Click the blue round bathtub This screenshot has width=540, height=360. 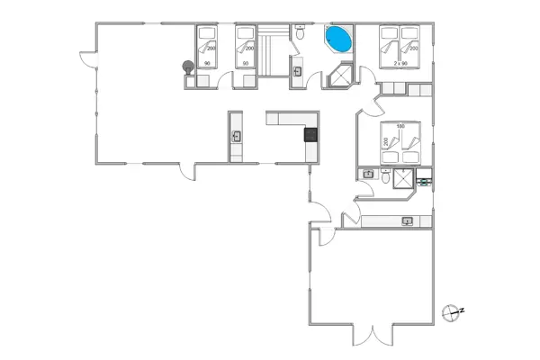click(x=338, y=40)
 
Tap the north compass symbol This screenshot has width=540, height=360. click(x=453, y=311)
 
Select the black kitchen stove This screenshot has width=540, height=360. click(x=310, y=136)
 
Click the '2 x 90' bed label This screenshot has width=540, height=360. click(x=401, y=63)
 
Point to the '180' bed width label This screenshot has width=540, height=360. click(x=401, y=126)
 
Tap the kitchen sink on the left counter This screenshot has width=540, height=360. click(x=237, y=136)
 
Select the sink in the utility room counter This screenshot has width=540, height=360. click(x=407, y=220)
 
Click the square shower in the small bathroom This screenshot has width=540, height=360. click(x=401, y=178)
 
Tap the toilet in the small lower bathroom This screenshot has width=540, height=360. click(x=385, y=177)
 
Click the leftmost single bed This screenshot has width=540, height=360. click(x=208, y=47)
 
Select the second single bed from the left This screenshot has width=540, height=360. click(x=245, y=47)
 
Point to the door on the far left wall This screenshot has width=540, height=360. click(x=86, y=59)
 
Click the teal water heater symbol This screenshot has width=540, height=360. click(x=423, y=180)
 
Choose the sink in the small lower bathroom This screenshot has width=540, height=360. click(x=368, y=174)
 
